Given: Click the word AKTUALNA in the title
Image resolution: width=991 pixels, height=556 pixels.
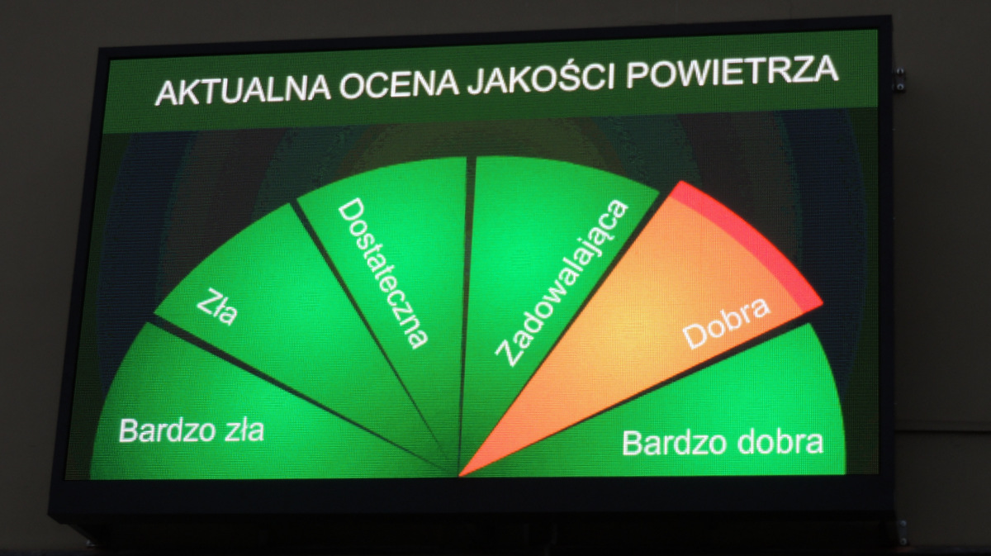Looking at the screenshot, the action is click(x=243, y=92).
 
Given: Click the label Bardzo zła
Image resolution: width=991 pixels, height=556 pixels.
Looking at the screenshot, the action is click(x=192, y=430).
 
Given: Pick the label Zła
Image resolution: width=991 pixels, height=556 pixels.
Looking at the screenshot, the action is click(x=216, y=307).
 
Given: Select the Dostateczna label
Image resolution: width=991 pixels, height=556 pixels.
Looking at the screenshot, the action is click(x=382, y=273).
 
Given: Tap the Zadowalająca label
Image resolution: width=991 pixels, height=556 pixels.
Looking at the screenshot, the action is click(x=561, y=283).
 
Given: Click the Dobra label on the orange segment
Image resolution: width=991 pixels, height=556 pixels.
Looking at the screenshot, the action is click(x=726, y=323).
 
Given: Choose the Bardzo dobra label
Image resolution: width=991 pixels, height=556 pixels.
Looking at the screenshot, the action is click(x=723, y=442).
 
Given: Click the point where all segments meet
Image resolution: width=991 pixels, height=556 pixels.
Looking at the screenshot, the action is click(x=459, y=475).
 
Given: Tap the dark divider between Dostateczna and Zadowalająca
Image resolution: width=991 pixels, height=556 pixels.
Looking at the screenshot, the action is click(x=466, y=314).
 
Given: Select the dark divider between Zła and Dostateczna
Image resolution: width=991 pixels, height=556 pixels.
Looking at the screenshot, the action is click(x=374, y=339).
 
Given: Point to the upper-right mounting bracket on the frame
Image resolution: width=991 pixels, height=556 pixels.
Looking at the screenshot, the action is click(x=899, y=79).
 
